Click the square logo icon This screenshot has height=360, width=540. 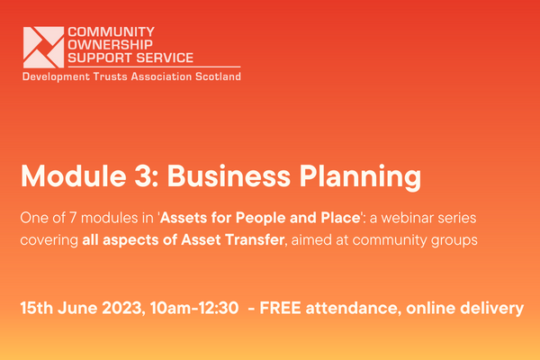[x=43, y=47]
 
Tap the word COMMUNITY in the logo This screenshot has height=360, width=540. [x=112, y=31]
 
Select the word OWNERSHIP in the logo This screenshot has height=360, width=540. [x=110, y=45]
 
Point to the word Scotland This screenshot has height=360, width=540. [x=218, y=76]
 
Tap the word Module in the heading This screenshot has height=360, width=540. [x=74, y=176]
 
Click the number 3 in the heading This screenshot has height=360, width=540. [x=142, y=176]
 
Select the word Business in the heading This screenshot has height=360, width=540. [x=229, y=176]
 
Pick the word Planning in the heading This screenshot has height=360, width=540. [x=360, y=178]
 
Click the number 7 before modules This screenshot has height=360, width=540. [x=73, y=218]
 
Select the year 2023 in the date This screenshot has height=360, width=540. [x=121, y=308]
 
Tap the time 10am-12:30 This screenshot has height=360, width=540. [x=194, y=308]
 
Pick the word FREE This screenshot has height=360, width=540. [x=280, y=308]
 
